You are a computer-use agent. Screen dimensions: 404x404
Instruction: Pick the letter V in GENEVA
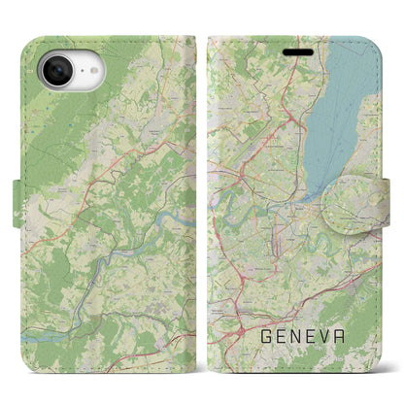(332, 337)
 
